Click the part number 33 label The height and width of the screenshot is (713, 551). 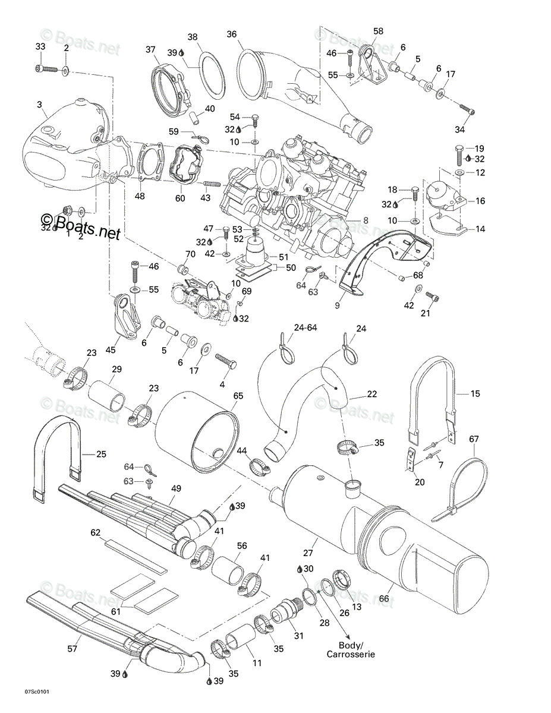40,46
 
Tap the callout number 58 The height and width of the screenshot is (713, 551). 378,31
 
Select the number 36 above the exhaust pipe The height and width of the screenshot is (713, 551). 232,34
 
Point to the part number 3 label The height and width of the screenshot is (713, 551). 39,105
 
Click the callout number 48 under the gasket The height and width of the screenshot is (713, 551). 140,196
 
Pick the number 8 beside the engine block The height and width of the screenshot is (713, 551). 366,220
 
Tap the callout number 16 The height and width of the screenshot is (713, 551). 480,201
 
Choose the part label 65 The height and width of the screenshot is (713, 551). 238,396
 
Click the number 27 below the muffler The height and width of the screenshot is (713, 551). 308,553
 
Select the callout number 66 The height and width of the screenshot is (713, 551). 383,599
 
